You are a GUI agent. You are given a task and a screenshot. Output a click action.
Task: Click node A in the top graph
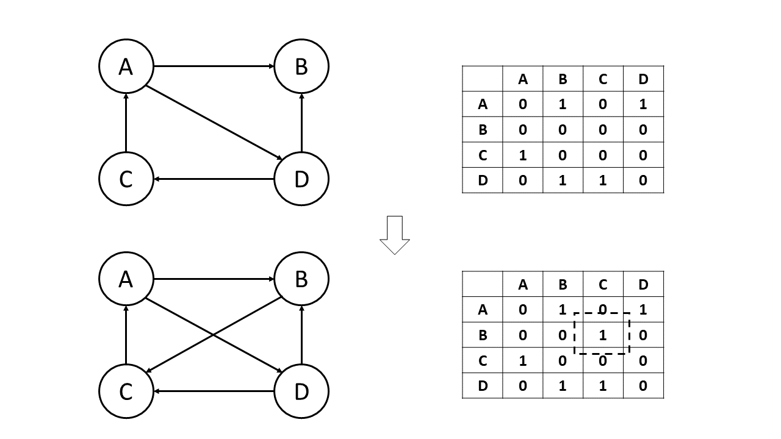click(126, 66)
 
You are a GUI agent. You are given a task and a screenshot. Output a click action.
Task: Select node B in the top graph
click(301, 66)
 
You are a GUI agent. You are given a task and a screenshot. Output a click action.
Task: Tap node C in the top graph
click(126, 179)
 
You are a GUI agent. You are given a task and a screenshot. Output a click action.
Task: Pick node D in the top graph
click(301, 179)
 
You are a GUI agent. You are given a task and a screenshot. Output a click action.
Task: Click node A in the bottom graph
click(126, 279)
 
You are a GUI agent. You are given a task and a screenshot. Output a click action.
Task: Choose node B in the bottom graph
click(301, 279)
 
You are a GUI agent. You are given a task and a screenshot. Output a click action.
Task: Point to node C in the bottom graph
click(126, 391)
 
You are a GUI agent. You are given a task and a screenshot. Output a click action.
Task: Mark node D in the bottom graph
click(301, 391)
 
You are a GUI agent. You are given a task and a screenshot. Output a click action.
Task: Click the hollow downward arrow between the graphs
click(395, 235)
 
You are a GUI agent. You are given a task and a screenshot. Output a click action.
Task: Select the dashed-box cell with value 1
click(602, 335)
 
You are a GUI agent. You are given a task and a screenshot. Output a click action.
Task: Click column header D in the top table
click(643, 79)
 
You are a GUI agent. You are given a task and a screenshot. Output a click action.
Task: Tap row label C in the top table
click(483, 155)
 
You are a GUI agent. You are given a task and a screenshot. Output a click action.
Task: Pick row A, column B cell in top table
click(563, 104)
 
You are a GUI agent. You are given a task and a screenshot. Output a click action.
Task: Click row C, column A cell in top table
click(522, 155)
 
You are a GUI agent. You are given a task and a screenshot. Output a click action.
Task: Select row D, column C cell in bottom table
click(603, 386)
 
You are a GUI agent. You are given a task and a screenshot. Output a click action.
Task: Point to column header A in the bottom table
click(522, 284)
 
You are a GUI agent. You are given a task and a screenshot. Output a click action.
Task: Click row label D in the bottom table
click(483, 386)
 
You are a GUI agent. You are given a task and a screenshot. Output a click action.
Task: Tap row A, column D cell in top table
click(643, 104)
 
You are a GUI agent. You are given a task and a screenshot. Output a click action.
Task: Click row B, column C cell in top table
click(603, 130)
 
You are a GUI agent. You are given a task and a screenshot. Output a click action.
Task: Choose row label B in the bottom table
click(483, 335)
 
